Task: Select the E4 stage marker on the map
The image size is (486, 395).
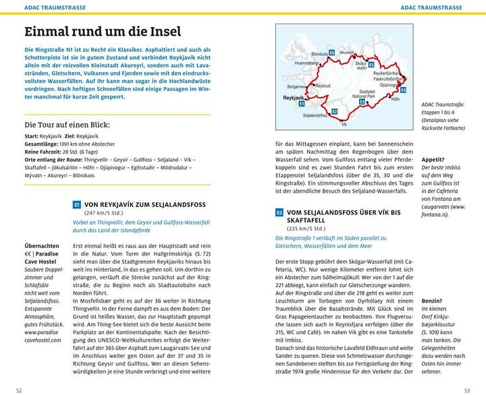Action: point(403,90)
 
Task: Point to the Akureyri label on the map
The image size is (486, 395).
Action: point(347,52)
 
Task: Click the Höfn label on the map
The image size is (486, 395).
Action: point(396,98)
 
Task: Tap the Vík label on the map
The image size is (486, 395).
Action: point(344,124)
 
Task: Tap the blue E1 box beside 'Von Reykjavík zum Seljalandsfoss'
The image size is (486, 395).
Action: point(77,204)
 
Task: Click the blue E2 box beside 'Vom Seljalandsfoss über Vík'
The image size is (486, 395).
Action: point(279,212)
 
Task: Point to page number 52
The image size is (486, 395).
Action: point(19,390)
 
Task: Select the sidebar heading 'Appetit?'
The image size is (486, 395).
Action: point(432,160)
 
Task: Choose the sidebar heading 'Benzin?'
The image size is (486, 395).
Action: point(431,300)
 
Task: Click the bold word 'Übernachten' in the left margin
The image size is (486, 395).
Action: point(41,246)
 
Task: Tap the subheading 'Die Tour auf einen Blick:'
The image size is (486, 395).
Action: point(67,125)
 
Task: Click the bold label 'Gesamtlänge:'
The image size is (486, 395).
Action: point(42,145)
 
